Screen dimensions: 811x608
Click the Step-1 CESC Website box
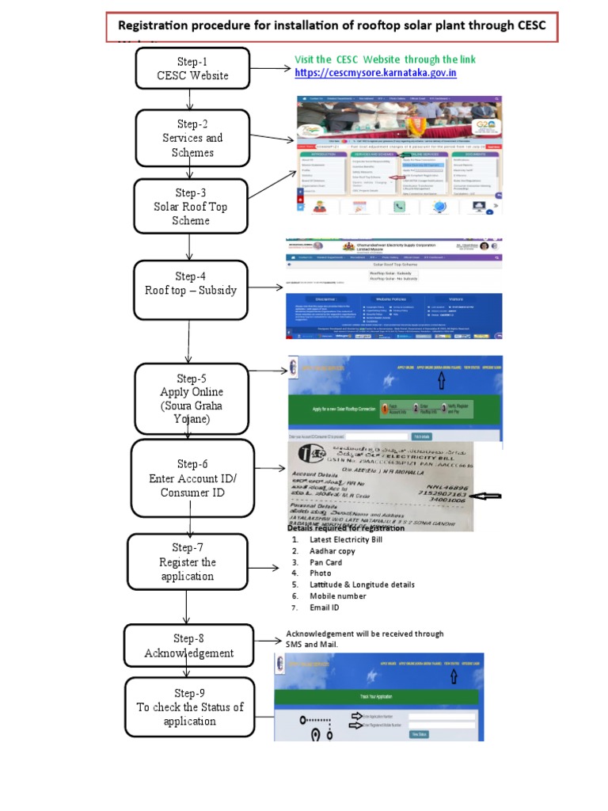(192, 69)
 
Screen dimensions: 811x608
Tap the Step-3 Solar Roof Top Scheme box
(191, 207)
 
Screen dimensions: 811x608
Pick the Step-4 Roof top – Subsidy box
(191, 284)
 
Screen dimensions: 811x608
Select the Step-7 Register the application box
(187, 562)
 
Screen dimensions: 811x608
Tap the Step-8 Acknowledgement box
(188, 645)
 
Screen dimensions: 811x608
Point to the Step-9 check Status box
(190, 707)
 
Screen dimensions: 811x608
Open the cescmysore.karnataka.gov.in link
(375, 73)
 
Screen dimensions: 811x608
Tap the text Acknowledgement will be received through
(364, 634)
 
